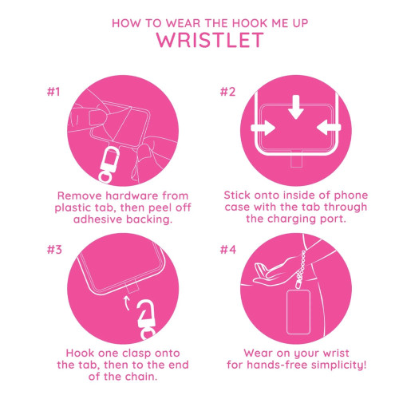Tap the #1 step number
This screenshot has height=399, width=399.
(53, 91)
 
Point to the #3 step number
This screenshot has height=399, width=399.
(53, 249)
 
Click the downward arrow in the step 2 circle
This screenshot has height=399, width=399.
(296, 106)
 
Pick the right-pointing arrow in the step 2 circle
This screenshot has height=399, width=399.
(263, 127)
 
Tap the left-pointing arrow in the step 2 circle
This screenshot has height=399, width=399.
(327, 127)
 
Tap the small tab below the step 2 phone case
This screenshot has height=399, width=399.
(296, 166)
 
